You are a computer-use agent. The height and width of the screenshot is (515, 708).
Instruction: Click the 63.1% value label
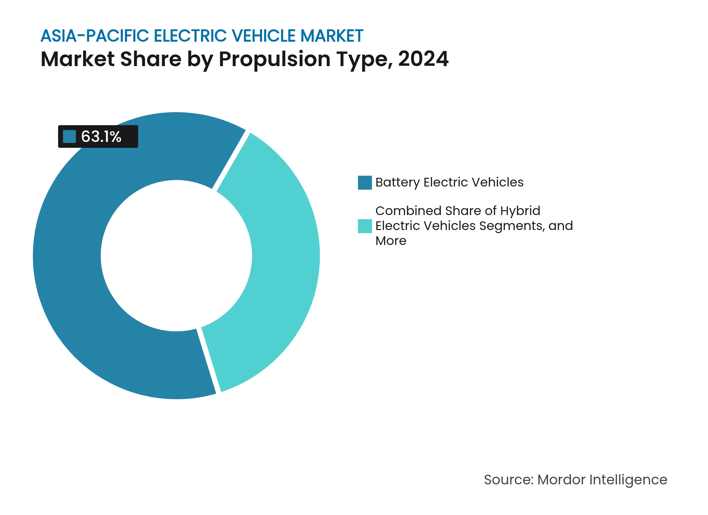[x=101, y=136]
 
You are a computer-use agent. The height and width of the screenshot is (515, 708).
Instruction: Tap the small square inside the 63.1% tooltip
[x=69, y=136]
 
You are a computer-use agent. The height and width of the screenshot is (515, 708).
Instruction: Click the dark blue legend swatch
[x=365, y=183]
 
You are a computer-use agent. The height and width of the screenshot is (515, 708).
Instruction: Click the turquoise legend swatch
[x=365, y=226]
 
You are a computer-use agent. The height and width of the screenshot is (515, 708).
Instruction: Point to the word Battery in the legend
[x=397, y=182]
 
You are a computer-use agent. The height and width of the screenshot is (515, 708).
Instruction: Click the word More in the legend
[x=391, y=241]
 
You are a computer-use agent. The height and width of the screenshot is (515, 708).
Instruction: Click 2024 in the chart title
[x=423, y=59]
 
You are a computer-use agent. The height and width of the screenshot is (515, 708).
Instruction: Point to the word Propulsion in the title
[x=275, y=59]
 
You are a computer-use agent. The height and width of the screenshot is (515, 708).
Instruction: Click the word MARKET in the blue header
[x=332, y=36]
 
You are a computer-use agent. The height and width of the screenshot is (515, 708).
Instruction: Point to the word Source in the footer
[x=508, y=480]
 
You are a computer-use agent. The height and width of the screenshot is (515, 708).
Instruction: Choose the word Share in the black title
[x=151, y=59]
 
